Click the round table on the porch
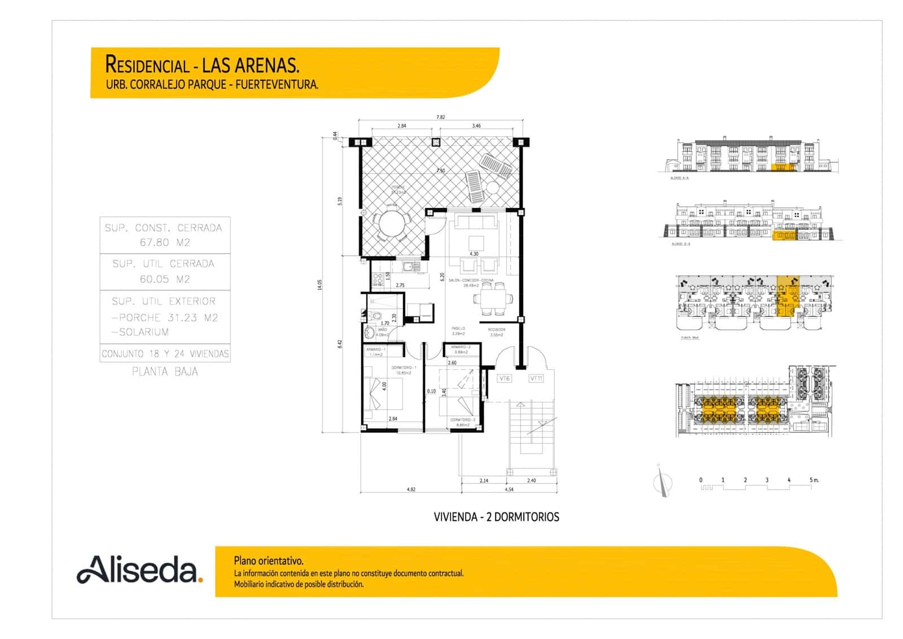tap(392, 224)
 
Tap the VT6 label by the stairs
tap(504, 379)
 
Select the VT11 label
tap(536, 379)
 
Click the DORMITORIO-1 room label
tap(404, 368)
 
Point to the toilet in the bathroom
tap(371, 332)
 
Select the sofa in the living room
tap(477, 221)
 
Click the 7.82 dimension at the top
tap(440, 118)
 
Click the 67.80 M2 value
tap(165, 243)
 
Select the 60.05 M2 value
tap(165, 279)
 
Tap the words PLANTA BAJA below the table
tap(165, 372)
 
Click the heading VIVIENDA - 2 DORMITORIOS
tap(496, 517)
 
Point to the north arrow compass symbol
tap(663, 482)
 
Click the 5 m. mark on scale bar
tap(813, 480)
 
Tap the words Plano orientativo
tap(269, 561)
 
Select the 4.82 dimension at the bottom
tap(411, 489)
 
